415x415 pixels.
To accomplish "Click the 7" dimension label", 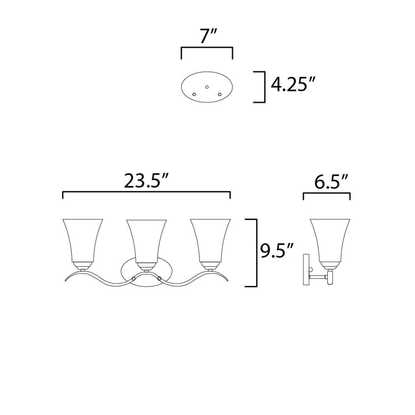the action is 208,36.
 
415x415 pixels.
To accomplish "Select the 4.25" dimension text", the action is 293,85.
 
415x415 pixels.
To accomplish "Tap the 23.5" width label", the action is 146,181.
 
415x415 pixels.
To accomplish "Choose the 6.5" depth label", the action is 331,182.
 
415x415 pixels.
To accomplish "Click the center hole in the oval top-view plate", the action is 207,87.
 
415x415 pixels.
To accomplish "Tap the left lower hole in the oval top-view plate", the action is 194,94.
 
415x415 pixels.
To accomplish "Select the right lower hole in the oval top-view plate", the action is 220,94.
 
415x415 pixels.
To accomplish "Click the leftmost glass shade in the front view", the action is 83,241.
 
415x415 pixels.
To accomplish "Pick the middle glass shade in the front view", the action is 146,241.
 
